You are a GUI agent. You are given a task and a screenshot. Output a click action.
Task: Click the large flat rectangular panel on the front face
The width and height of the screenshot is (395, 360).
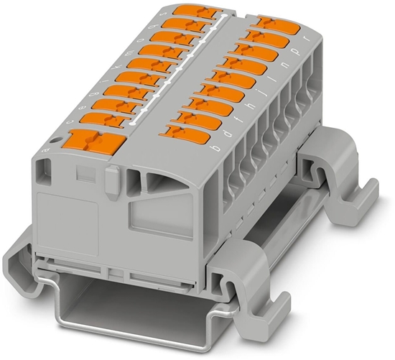[68, 222]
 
